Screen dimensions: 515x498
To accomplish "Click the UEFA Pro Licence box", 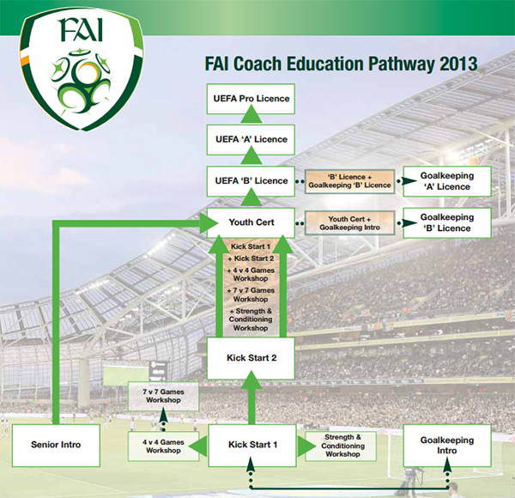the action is [251, 99].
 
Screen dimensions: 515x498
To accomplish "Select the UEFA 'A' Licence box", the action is [251, 140].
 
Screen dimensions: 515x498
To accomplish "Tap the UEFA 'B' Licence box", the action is [251, 181].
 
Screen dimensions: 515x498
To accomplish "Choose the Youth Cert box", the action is [251, 222].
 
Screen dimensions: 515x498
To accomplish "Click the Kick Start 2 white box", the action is [251, 358].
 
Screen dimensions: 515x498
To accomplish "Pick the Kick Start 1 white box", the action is [252, 445].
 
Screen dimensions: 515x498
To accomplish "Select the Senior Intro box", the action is [56, 445].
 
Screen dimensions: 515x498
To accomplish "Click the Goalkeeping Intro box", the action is [447, 445].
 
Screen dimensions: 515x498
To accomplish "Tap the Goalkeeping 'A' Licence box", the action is [447, 181].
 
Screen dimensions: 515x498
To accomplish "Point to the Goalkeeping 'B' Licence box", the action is [447, 222].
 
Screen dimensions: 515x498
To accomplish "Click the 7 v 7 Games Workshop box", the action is [163, 396].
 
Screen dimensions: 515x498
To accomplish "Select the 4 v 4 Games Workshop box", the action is [163, 446].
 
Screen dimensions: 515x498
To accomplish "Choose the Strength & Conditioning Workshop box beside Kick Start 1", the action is [342, 446].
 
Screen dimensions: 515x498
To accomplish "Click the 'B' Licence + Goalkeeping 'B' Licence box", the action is [349, 181].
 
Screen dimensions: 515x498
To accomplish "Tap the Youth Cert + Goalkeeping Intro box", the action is [349, 223].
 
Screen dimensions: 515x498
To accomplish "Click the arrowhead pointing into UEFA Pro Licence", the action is [251, 114].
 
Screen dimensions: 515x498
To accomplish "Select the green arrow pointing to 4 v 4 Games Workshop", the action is [197, 446].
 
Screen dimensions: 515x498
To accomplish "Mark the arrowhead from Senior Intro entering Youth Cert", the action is [209, 223].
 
